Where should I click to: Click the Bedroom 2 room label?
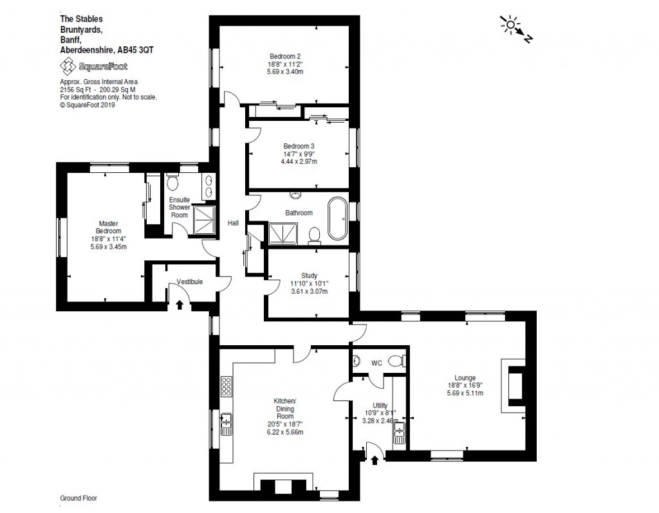[284, 56]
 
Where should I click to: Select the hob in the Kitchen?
[227, 386]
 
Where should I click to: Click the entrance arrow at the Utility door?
[375, 459]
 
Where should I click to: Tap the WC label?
[376, 363]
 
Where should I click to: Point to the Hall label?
[233, 223]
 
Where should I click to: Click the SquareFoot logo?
[93, 66]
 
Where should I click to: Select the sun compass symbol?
[511, 26]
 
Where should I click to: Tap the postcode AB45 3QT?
[136, 50]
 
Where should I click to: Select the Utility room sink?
[399, 433]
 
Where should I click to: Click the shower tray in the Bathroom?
[282, 233]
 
